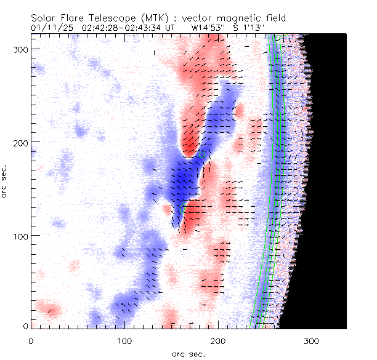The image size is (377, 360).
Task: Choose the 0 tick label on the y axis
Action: coord(25,326)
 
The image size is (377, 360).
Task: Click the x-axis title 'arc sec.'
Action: coord(188,353)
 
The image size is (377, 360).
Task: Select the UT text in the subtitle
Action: coord(169,28)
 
